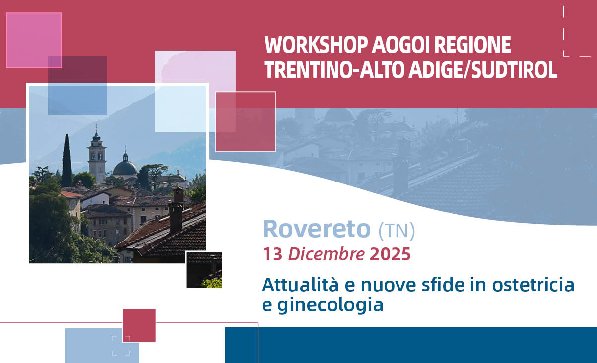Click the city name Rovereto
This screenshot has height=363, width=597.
tap(317, 229)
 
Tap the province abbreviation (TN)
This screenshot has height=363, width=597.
tap(397, 230)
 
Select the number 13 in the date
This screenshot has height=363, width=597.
tap(272, 254)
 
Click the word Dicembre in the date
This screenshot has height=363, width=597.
tap(327, 254)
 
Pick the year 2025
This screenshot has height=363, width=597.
tap(391, 254)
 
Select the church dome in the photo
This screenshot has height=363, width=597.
tap(125, 166)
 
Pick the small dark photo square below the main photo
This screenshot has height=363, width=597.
tap(204, 270)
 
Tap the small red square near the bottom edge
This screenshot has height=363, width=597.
tap(139, 325)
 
